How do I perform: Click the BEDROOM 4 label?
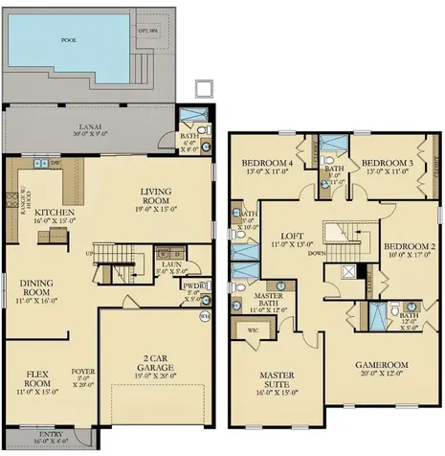point(268,163)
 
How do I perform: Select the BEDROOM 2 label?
point(409,246)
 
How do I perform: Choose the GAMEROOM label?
point(383,365)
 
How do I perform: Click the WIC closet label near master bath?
point(253,331)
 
